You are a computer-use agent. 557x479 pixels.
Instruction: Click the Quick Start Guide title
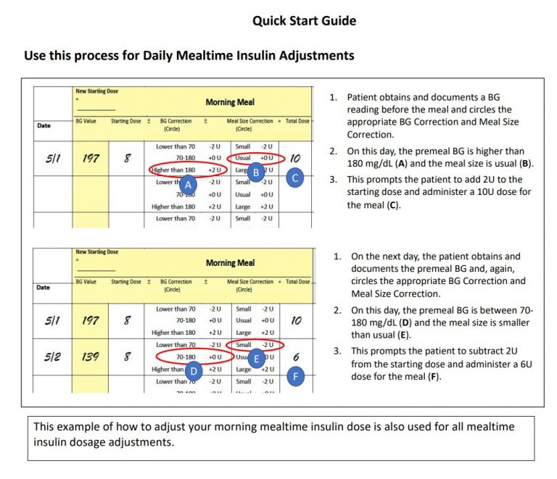pyautogui.click(x=304, y=21)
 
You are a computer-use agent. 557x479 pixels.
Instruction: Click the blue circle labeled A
pyautogui.click(x=187, y=185)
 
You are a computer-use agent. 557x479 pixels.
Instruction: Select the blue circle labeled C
pyautogui.click(x=294, y=178)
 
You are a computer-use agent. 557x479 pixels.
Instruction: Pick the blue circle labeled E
pyautogui.click(x=256, y=358)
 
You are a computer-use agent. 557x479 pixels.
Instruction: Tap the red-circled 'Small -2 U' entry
pyautogui.click(x=254, y=345)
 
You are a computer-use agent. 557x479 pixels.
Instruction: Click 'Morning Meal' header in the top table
pyautogui.click(x=230, y=102)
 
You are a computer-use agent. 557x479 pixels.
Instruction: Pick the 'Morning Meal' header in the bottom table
pyautogui.click(x=230, y=263)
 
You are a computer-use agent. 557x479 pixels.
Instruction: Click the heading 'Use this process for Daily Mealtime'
pyautogui.click(x=189, y=55)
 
